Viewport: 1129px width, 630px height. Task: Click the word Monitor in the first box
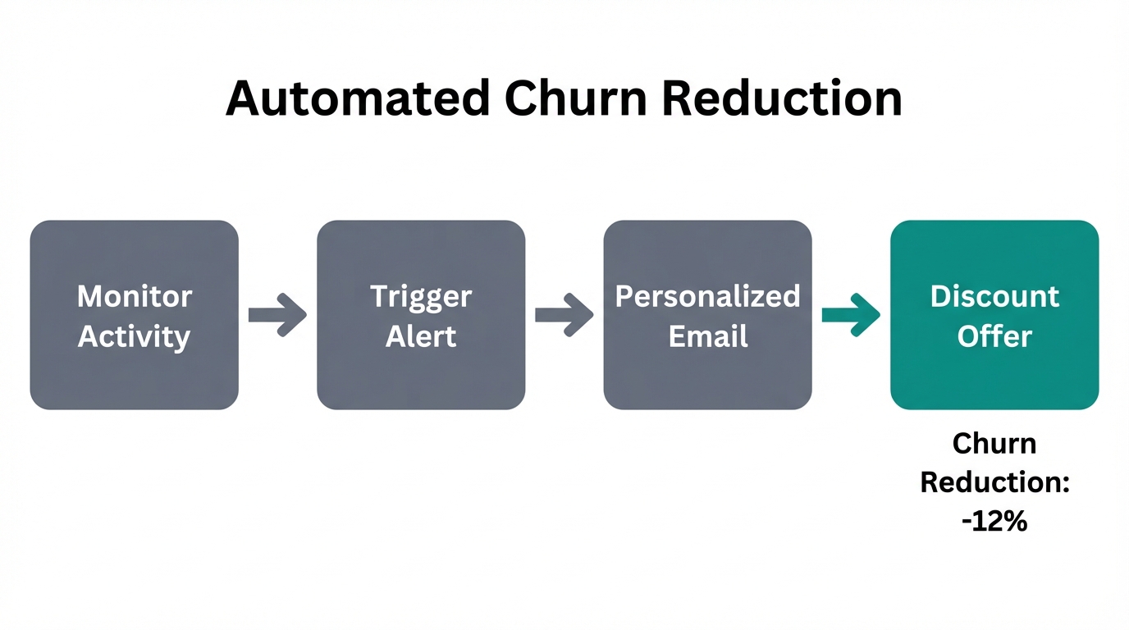click(x=135, y=296)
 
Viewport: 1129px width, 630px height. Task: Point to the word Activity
click(x=135, y=336)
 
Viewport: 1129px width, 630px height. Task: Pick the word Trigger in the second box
click(x=421, y=296)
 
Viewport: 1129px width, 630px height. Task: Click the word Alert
click(x=421, y=336)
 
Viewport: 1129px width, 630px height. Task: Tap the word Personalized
click(x=707, y=296)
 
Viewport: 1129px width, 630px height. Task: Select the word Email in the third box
click(x=707, y=336)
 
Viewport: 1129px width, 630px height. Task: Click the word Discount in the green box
click(x=994, y=296)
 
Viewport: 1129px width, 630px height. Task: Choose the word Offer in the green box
click(x=994, y=336)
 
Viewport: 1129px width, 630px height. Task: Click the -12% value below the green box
click(x=994, y=522)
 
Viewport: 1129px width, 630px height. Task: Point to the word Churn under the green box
click(x=994, y=444)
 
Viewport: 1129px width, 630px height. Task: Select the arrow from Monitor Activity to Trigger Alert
click(x=277, y=315)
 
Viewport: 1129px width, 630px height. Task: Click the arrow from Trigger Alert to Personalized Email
click(x=564, y=315)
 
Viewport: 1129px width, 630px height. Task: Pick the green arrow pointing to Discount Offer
click(x=851, y=315)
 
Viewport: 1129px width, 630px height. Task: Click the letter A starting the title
click(x=244, y=98)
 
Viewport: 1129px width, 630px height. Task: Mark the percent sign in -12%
click(x=1014, y=522)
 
